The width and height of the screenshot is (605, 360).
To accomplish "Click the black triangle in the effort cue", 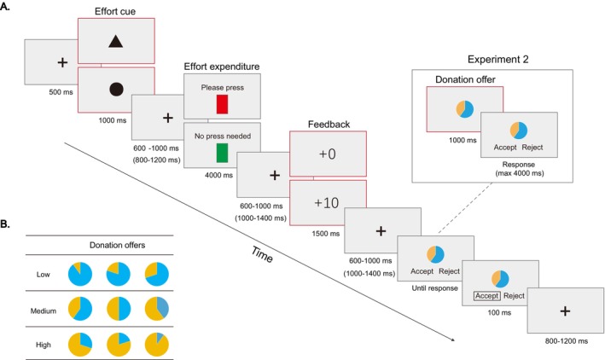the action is point(116,41).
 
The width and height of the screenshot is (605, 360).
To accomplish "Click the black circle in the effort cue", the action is point(116,89).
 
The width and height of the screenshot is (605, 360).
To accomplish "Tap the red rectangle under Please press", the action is point(222,104).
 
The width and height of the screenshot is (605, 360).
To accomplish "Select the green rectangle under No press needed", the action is point(222,153).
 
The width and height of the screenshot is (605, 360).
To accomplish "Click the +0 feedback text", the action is point(328,154).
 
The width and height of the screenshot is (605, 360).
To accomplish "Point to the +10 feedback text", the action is point(327,203).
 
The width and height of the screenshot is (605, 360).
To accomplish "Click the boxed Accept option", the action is point(487,296).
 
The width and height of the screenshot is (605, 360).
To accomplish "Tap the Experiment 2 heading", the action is point(497,60).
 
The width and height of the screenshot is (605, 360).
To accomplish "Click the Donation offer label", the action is point(465,79).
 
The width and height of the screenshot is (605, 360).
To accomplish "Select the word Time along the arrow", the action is point(262,254).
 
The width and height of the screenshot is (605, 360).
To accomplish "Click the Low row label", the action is point(44,275).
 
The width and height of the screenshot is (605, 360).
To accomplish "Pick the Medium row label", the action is point(44,311).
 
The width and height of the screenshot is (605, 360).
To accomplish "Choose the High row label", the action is point(44,345).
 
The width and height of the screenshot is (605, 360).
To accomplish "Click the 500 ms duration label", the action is point(61,92).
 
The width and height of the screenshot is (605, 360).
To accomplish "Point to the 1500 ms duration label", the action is point(326,234).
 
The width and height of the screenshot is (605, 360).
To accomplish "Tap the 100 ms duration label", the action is point(500,312).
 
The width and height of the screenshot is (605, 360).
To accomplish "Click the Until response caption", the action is point(435,288).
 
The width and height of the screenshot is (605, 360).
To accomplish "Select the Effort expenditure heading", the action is point(222,67).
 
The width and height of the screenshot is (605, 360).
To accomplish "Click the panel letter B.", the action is point(5,224).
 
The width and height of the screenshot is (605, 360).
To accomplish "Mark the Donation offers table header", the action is point(117,245).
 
